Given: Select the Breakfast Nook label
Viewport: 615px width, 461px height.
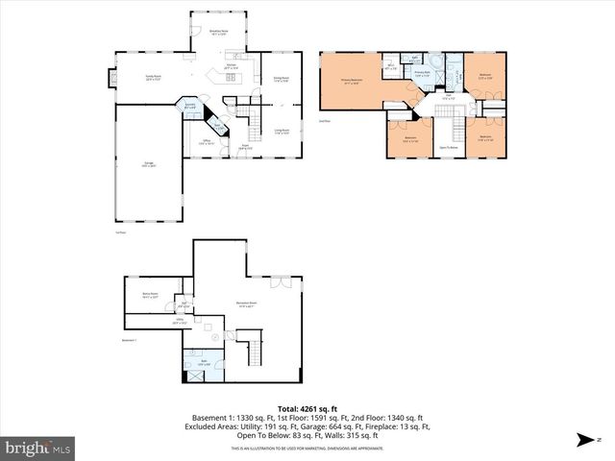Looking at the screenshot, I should point(219,32).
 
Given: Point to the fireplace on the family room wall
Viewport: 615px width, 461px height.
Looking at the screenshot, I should point(109,78).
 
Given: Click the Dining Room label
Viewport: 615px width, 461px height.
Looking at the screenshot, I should point(283,80).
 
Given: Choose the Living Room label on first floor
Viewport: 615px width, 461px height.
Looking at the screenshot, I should point(283,132).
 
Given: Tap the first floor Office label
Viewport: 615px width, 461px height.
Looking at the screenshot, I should point(206,141).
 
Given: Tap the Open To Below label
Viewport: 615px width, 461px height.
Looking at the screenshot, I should point(448,147).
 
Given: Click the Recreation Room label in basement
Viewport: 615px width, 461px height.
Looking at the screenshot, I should point(246,304).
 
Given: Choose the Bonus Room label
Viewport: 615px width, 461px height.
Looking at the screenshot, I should point(150,296).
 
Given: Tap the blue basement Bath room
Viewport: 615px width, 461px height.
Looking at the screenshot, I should point(204,364).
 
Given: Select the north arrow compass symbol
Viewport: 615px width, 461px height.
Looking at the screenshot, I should point(583,440).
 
